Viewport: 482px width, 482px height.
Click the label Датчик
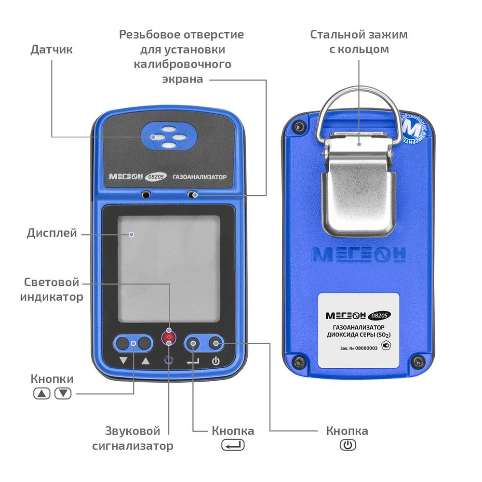(x=52, y=50)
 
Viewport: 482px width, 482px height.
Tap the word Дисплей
(x=52, y=234)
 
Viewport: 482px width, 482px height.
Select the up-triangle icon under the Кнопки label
(x=42, y=393)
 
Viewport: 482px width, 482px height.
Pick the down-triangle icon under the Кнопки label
(x=63, y=393)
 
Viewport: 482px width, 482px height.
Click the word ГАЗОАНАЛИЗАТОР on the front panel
(x=199, y=177)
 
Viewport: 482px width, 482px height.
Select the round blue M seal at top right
(x=414, y=130)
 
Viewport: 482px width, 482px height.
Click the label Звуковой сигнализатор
(x=133, y=438)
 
